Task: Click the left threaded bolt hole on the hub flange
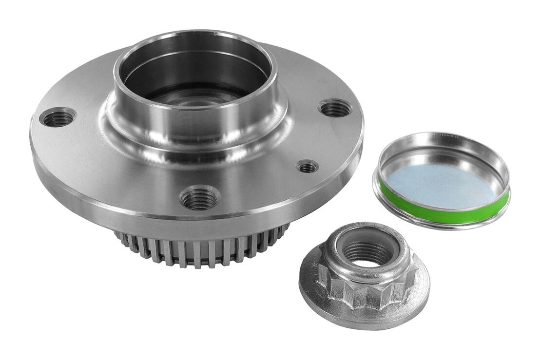58,117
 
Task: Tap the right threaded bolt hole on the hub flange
335,108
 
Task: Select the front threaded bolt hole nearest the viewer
199,198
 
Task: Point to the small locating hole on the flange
307,167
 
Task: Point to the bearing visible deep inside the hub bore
195,97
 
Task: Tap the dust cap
442,180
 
